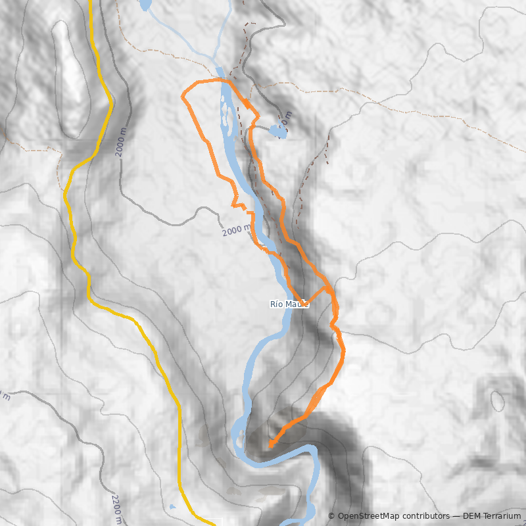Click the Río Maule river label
[x=289, y=304]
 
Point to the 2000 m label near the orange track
[x=236, y=231]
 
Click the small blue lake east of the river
[x=277, y=131]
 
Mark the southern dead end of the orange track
[x=271, y=445]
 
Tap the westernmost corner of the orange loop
[x=182, y=97]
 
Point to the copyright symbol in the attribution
[x=332, y=517]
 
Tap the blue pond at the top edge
[x=145, y=5]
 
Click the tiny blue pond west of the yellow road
[x=172, y=507]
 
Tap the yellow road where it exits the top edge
[x=90, y=3]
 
